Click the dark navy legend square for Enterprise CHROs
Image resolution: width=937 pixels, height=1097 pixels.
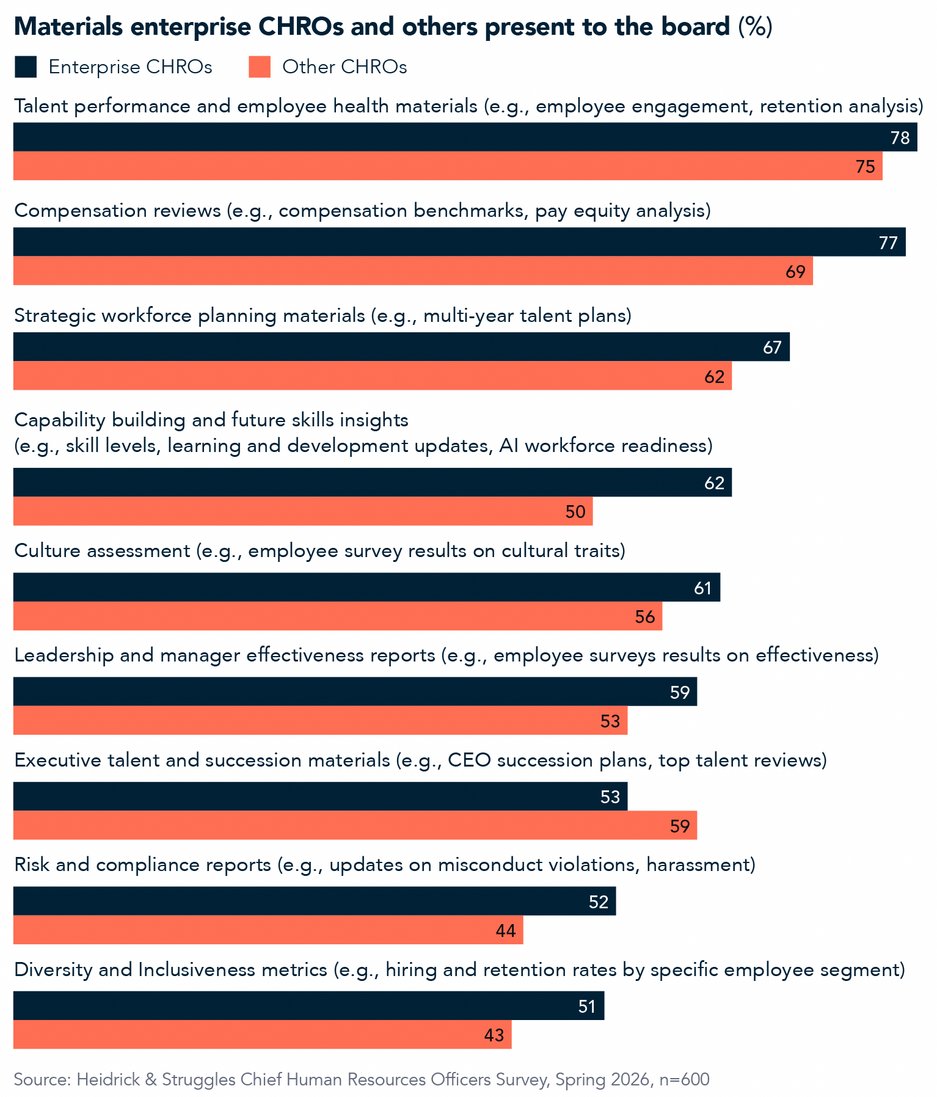(26, 67)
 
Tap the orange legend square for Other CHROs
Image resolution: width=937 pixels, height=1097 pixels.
(260, 67)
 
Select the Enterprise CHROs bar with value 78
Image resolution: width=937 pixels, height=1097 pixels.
(465, 137)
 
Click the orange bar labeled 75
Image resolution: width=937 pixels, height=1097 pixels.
(448, 166)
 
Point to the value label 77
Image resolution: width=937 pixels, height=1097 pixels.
(888, 243)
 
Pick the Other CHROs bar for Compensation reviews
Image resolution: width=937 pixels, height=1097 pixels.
(413, 271)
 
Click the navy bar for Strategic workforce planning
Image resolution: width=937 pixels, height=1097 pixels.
(401, 347)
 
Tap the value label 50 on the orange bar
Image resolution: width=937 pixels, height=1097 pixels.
(575, 512)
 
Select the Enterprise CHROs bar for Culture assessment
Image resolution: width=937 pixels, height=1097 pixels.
(366, 588)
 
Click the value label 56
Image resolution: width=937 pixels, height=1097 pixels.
(645, 617)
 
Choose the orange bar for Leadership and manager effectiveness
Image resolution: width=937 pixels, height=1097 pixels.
(320, 721)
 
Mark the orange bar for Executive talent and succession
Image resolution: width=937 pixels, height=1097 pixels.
(355, 825)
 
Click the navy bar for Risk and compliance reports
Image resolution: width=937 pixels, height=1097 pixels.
(315, 901)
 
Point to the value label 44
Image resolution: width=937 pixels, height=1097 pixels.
(506, 931)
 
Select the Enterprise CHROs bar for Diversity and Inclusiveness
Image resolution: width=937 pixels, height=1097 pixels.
(308, 1006)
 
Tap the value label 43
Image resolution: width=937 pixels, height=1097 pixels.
(494, 1035)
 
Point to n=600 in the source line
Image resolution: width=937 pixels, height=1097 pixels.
(684, 1080)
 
